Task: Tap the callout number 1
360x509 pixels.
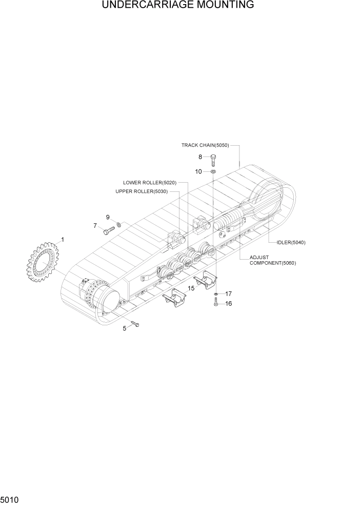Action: (x=63, y=239)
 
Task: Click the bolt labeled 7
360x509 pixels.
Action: (x=108, y=230)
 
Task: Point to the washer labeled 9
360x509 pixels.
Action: (x=118, y=224)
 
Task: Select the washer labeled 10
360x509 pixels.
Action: (x=213, y=171)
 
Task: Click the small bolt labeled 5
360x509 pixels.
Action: (x=135, y=323)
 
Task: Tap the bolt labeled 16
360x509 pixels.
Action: (x=216, y=303)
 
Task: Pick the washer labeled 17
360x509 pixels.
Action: (x=216, y=293)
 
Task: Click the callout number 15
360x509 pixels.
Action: (x=190, y=288)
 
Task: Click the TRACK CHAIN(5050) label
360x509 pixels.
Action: (x=205, y=145)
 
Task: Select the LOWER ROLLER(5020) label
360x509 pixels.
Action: (x=150, y=183)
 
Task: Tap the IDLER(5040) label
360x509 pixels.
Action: (x=291, y=242)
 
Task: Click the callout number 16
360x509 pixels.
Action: (x=229, y=304)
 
